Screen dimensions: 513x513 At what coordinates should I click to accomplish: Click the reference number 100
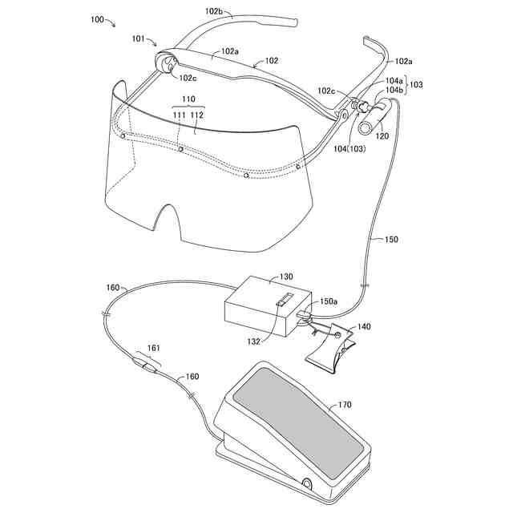pyautogui.click(x=97, y=19)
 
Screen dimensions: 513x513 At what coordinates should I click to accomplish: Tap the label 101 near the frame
pyautogui.click(x=138, y=38)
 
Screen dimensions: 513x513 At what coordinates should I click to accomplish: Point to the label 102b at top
pyautogui.click(x=214, y=10)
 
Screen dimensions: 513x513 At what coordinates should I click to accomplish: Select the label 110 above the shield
pyautogui.click(x=188, y=99)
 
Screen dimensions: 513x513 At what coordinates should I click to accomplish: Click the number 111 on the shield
pyautogui.click(x=180, y=115)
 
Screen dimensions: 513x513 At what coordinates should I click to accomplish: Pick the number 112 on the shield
pyautogui.click(x=196, y=115)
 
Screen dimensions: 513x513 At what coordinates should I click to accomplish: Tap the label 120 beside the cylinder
pyautogui.click(x=382, y=135)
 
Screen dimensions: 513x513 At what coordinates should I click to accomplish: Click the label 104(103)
pyautogui.click(x=349, y=149)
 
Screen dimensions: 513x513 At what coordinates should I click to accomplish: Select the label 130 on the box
pyautogui.click(x=286, y=277)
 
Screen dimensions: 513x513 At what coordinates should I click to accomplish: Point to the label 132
pyautogui.click(x=253, y=342)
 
